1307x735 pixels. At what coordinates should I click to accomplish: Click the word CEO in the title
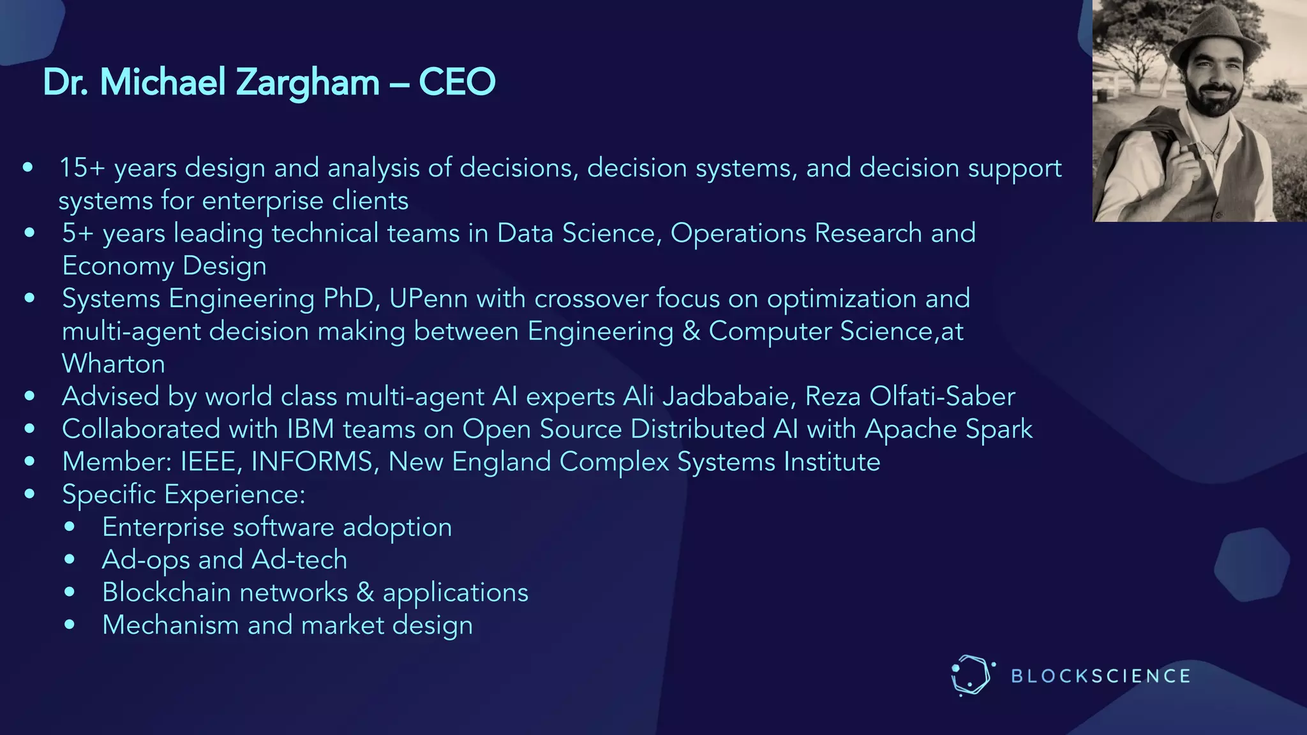(x=457, y=82)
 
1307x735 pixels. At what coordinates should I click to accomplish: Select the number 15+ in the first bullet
(x=82, y=168)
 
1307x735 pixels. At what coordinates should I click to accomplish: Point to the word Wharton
(x=114, y=364)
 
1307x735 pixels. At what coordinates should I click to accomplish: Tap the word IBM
(x=311, y=429)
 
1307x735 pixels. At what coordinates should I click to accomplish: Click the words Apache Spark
(x=948, y=429)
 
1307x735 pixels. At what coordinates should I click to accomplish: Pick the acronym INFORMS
(x=312, y=462)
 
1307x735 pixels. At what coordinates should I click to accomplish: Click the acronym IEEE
(x=208, y=462)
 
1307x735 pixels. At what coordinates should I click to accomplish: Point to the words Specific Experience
(x=184, y=494)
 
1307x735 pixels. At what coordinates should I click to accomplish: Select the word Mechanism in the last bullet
(x=170, y=625)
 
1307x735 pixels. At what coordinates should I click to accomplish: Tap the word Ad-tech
(x=299, y=560)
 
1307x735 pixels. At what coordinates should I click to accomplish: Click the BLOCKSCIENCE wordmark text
(x=1101, y=676)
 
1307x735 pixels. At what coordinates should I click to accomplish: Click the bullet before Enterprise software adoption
(x=70, y=527)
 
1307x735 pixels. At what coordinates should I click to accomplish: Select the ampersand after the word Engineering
(x=691, y=331)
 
